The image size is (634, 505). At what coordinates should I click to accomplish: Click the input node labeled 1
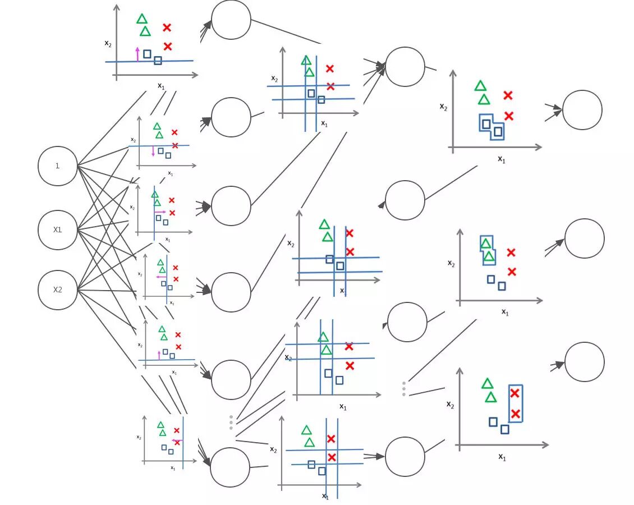(57, 166)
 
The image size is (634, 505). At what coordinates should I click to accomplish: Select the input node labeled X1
(57, 229)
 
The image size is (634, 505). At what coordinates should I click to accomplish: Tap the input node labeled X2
(57, 290)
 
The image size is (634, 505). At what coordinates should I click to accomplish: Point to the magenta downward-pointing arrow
(153, 151)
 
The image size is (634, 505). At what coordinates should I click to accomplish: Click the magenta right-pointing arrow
(160, 212)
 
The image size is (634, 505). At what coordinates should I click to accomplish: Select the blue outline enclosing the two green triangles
(481, 243)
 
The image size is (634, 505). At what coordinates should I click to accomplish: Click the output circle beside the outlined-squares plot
(582, 110)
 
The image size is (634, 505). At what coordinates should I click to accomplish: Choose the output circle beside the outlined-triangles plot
(584, 238)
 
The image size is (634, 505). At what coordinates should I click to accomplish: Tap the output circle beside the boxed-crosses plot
(584, 362)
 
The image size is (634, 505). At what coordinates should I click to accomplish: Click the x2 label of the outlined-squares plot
(443, 107)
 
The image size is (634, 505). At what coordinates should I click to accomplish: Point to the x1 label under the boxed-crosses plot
(502, 457)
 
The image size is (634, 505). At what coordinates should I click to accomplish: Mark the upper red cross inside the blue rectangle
(515, 393)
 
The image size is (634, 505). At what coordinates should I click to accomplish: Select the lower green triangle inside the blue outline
(489, 257)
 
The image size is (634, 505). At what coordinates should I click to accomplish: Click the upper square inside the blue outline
(486, 124)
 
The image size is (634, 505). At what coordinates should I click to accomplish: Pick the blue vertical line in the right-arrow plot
(154, 222)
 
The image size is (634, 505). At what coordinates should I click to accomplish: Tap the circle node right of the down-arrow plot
(231, 117)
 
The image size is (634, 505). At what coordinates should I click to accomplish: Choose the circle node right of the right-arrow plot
(231, 206)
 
